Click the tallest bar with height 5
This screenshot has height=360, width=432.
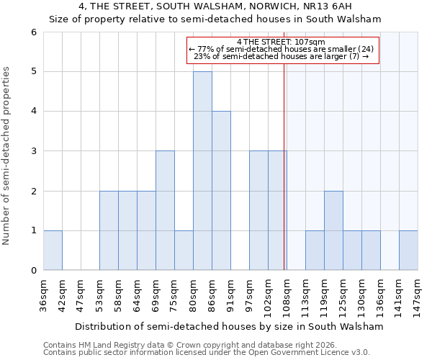(202, 171)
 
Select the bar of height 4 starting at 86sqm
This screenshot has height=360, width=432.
(221, 191)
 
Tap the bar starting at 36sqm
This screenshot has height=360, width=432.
(53, 251)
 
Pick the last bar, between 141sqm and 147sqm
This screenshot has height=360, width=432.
(408, 251)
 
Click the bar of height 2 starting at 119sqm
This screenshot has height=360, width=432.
(333, 230)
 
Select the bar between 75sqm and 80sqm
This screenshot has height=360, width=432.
(184, 251)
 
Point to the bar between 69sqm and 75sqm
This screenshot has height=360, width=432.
(165, 210)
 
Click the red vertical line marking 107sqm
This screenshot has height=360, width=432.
(284, 180)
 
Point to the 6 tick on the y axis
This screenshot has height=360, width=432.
(33, 32)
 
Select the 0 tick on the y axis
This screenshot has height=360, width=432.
(33, 270)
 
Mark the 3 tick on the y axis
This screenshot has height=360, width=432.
(33, 151)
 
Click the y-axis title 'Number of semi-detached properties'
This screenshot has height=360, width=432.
(7, 156)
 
